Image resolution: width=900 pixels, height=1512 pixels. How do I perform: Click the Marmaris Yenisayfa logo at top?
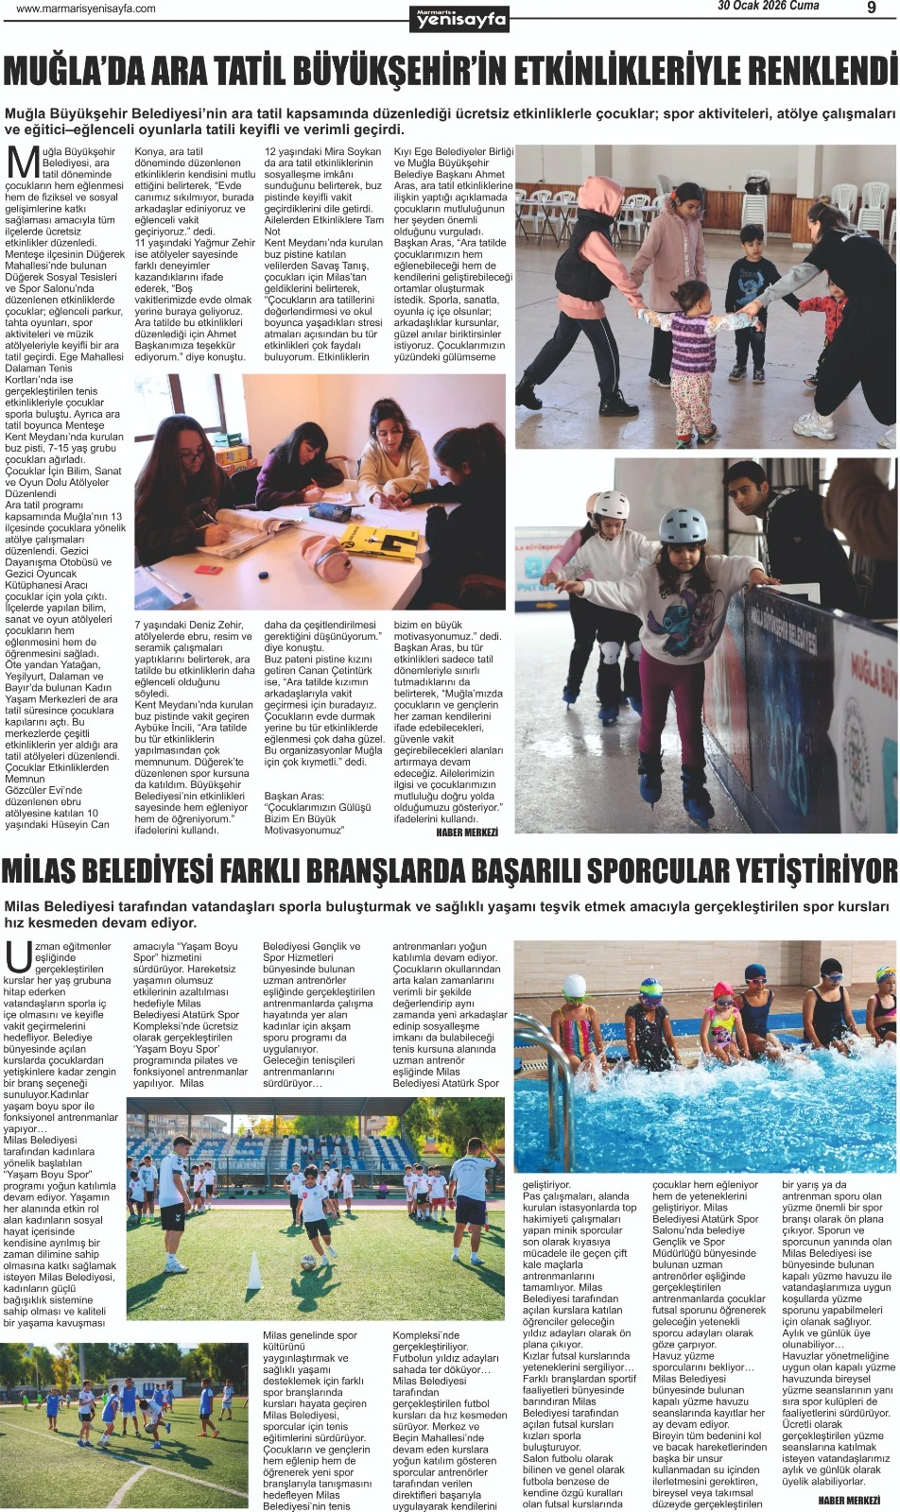[x=461, y=17]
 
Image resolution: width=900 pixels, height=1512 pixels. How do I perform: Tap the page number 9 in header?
[x=871, y=9]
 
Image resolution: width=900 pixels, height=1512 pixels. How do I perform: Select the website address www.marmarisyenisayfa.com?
[x=86, y=9]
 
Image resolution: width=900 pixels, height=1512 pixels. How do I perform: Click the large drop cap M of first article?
[x=23, y=163]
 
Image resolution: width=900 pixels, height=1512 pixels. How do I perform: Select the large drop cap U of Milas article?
[x=18, y=956]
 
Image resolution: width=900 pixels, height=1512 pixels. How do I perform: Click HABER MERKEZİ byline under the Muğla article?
[x=467, y=832]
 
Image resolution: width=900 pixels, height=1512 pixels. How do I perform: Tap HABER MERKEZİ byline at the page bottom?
[x=849, y=1500]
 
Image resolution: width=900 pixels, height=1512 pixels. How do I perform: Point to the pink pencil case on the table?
[x=325, y=556]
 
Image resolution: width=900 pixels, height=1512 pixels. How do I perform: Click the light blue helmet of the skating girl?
[x=683, y=526]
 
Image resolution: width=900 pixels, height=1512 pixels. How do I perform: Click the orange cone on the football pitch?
[x=253, y=1270]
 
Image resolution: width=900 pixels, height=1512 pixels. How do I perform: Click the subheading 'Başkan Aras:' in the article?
[x=294, y=797]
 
